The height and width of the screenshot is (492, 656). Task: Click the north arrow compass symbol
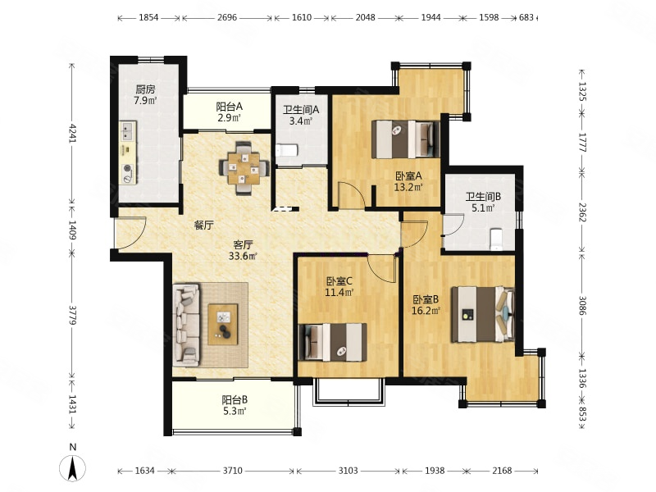click(x=73, y=467)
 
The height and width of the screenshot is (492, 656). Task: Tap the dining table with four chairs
click(x=244, y=168)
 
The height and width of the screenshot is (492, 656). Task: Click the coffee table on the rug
click(x=223, y=324)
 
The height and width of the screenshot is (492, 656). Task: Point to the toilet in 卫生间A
click(x=286, y=150)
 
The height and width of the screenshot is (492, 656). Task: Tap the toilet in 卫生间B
click(x=496, y=239)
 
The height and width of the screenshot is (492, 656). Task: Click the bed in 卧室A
click(x=405, y=139)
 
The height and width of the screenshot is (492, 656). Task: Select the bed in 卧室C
click(x=333, y=342)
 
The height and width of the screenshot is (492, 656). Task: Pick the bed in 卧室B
click(x=483, y=314)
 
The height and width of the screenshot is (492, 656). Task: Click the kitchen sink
click(x=128, y=131)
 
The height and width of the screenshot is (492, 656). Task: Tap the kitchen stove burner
click(x=128, y=169)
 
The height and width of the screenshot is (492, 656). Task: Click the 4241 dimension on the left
click(x=72, y=133)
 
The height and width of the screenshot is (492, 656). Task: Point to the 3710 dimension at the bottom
click(x=232, y=471)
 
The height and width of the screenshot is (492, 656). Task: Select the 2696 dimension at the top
click(x=227, y=17)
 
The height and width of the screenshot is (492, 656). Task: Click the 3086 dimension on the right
click(x=582, y=305)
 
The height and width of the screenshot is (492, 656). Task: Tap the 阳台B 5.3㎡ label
click(x=235, y=405)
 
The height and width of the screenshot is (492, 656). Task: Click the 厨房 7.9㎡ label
click(x=145, y=94)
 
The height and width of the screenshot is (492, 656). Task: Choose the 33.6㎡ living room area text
click(x=242, y=256)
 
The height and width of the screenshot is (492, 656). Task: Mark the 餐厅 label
click(x=203, y=225)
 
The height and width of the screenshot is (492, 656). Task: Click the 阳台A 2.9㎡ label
click(x=229, y=112)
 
